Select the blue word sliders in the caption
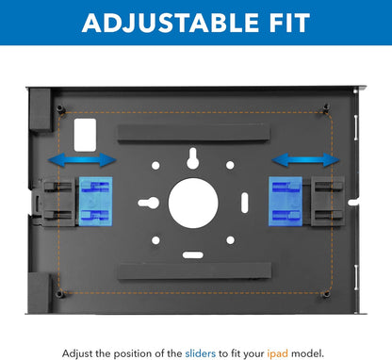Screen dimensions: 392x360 [x=201, y=353]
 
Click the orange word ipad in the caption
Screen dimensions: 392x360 [x=277, y=353]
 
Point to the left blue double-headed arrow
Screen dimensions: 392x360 [x=82, y=159]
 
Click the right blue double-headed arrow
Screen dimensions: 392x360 [x=305, y=159]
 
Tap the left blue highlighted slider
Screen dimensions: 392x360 [x=95, y=202]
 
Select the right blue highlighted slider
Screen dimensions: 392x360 [x=286, y=202]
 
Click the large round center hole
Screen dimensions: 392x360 [x=193, y=203]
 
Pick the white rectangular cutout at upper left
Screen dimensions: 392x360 [x=85, y=135]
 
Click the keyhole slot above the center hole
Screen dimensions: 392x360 [x=192, y=158]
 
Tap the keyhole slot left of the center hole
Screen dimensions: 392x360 [x=148, y=203]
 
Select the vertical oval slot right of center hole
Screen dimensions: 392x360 [x=245, y=203]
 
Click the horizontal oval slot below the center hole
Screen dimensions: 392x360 [x=193, y=254]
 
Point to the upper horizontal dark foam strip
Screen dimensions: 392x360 [x=193, y=133]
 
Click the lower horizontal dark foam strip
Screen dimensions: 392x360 [x=194, y=271]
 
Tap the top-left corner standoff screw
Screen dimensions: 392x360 [x=60, y=109]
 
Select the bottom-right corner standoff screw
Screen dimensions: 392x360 [x=326, y=294]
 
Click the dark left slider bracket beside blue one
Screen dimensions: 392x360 [x=58, y=202]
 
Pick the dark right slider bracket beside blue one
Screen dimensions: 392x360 [x=328, y=202]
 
